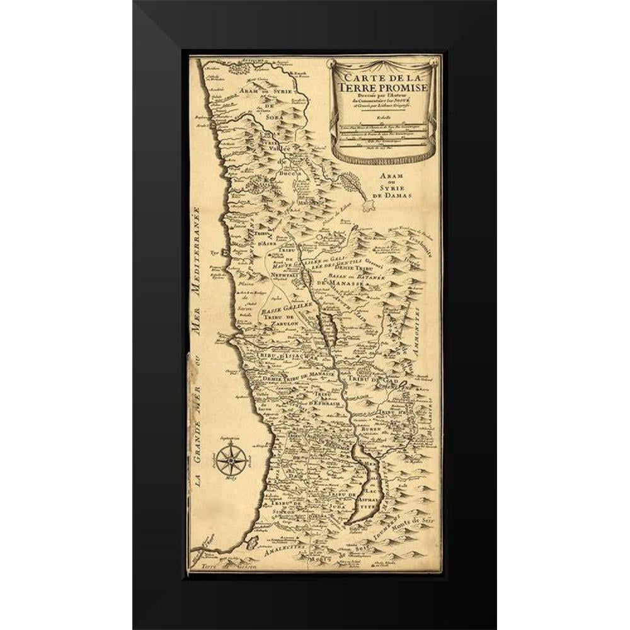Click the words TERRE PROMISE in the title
(382, 87)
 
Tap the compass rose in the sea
(232, 460)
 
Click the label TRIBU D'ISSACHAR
(280, 356)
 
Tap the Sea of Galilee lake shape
(328, 328)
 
